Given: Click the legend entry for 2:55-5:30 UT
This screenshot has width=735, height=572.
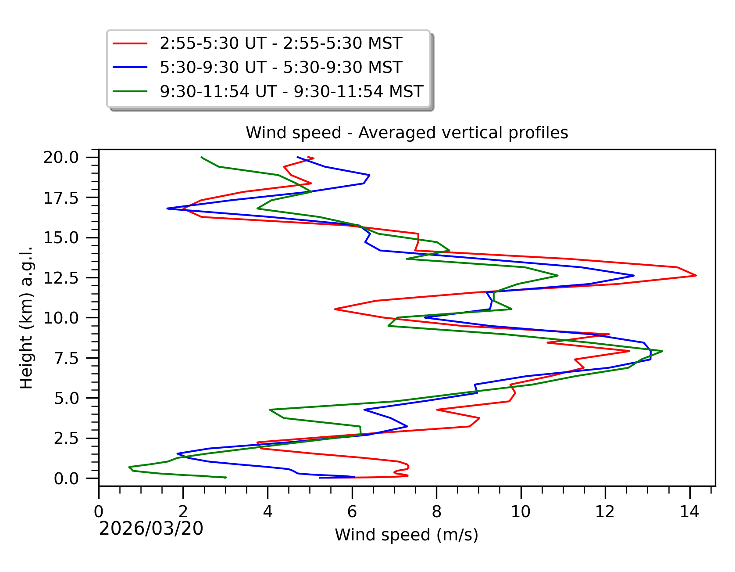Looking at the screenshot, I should tap(281, 43).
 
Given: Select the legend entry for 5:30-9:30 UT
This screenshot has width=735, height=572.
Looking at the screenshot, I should tap(281, 68).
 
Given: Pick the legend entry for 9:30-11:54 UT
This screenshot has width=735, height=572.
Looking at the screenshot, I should tap(291, 92).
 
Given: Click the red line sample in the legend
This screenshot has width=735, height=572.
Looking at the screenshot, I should tap(130, 43).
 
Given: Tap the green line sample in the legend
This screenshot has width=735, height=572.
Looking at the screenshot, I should tap(130, 92).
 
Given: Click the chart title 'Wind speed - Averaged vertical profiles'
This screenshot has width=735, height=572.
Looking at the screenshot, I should tap(407, 133).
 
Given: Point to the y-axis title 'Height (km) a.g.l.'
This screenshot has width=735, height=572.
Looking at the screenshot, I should tap(26, 317).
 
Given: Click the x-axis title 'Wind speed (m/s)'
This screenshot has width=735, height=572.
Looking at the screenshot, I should tap(407, 535).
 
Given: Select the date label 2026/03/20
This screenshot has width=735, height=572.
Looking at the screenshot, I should tap(151, 529).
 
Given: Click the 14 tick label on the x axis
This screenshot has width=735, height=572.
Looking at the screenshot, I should tap(689, 512).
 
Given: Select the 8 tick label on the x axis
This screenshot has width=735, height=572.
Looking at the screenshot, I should tap(436, 512).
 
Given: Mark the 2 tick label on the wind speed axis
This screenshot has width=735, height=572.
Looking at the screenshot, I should tap(183, 512).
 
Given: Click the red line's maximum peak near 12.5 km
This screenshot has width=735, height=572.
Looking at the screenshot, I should tap(696, 276).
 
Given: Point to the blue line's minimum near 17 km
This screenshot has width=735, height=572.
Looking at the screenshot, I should tap(168, 209).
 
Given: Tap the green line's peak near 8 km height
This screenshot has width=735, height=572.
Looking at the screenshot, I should tap(662, 351).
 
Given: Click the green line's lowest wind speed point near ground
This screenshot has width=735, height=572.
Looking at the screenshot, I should tap(129, 467).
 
